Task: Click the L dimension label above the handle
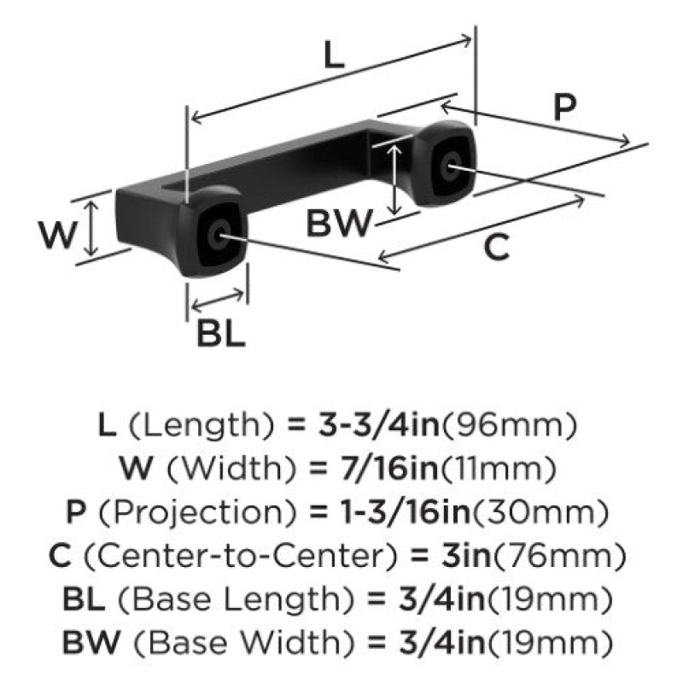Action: (334, 55)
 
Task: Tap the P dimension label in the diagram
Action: (565, 107)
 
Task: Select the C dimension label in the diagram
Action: (497, 247)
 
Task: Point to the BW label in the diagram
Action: (340, 223)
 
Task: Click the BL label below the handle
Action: (221, 334)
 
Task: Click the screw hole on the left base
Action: (218, 236)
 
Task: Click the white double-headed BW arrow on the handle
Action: (394, 179)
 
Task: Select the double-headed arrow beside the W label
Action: (91, 228)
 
